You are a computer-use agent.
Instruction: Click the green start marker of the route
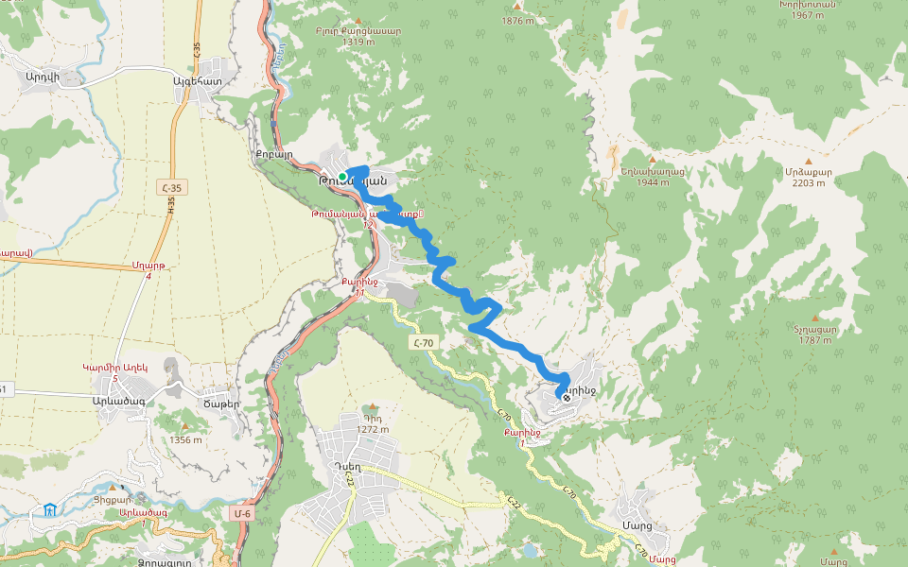(x=342, y=177)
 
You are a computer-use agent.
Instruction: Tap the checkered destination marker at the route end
(x=567, y=398)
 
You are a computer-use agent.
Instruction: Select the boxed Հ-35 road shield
(x=171, y=188)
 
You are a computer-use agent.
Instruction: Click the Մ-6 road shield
(x=243, y=514)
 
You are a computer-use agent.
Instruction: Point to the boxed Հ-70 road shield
(x=423, y=343)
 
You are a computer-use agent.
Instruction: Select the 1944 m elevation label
(x=652, y=182)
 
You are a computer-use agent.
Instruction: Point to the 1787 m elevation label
(x=814, y=341)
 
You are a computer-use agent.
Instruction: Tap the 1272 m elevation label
(x=373, y=429)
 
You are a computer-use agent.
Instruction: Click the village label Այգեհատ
(x=197, y=81)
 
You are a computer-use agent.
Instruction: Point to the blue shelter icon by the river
(x=48, y=511)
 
